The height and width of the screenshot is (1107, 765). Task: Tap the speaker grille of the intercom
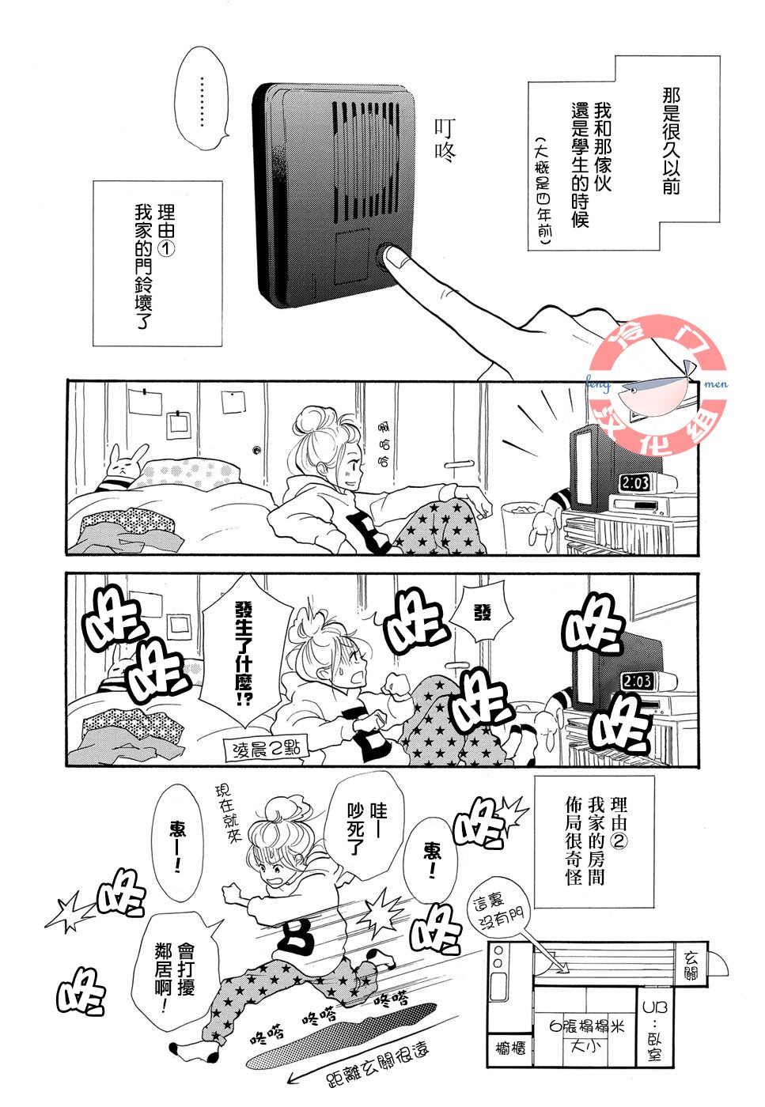pyautogui.click(x=365, y=157)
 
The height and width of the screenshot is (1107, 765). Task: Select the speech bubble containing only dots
pyautogui.click(x=203, y=98)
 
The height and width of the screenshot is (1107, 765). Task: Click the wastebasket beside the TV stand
pyautogui.click(x=519, y=527)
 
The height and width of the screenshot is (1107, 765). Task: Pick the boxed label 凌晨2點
pyautogui.click(x=266, y=751)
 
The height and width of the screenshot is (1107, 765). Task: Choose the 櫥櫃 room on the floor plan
pyautogui.click(x=510, y=1048)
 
